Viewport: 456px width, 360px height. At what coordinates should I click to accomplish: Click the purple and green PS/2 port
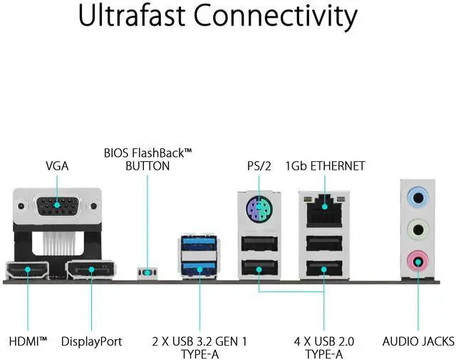tap(259, 211)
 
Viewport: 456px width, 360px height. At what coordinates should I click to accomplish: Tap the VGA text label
tap(57, 165)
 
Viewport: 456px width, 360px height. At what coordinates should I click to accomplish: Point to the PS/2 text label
tap(259, 165)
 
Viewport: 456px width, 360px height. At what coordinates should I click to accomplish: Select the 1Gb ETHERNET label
tap(325, 165)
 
